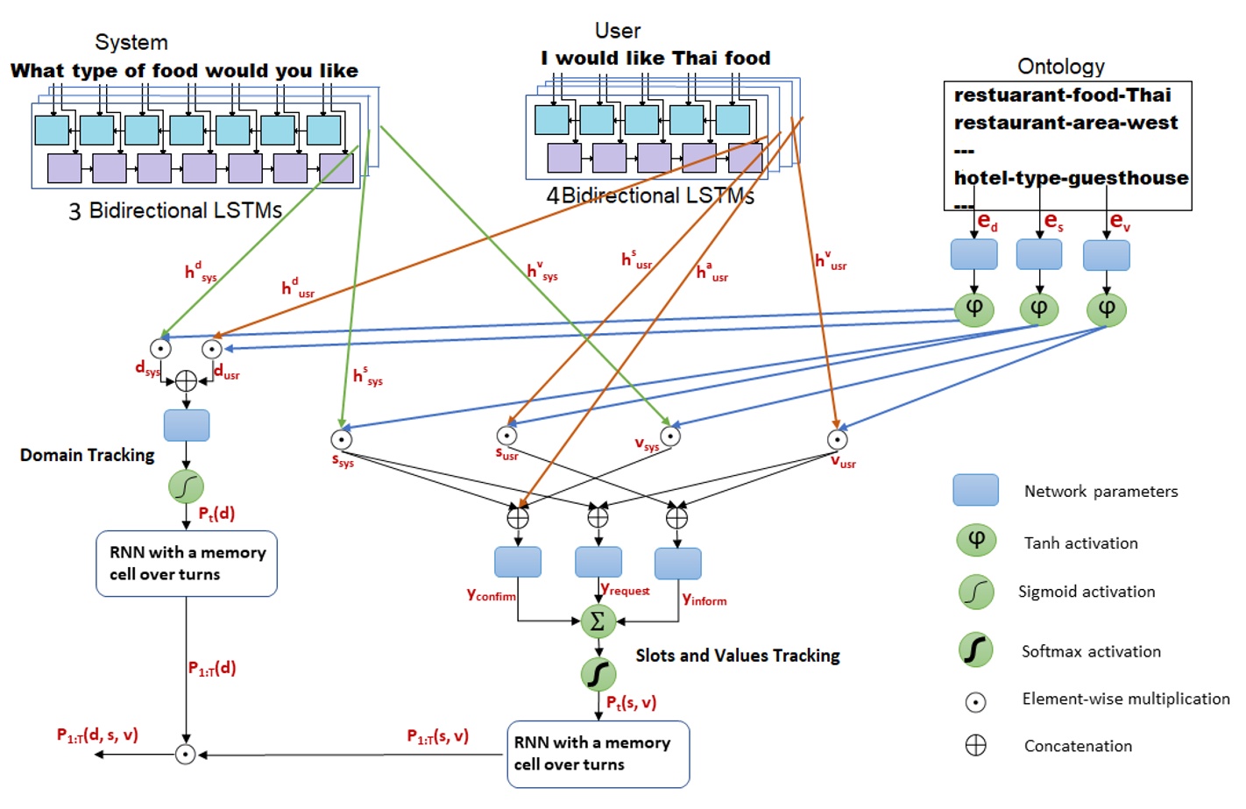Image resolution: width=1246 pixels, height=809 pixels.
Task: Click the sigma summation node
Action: tap(598, 621)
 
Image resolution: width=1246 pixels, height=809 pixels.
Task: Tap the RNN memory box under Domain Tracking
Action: tap(186, 564)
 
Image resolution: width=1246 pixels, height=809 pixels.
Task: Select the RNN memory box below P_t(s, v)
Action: tap(598, 754)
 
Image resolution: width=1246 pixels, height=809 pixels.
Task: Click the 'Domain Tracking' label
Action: tap(87, 455)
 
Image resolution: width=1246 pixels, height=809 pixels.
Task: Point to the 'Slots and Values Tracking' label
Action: tap(737, 656)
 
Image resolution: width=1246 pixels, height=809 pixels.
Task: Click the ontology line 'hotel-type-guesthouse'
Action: tap(1070, 178)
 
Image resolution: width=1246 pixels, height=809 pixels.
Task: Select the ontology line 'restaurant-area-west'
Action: tap(1065, 123)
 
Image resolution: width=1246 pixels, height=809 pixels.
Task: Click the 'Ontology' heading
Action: tap(1060, 67)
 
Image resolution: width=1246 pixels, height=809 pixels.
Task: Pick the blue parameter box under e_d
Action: tap(973, 254)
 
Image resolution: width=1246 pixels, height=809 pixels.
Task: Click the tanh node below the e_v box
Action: tap(1106, 309)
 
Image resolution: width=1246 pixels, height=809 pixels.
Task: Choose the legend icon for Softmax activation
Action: tap(975, 650)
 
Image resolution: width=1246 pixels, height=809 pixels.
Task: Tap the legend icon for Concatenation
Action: tap(975, 746)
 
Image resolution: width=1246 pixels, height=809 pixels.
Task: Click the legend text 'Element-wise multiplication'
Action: tap(1125, 699)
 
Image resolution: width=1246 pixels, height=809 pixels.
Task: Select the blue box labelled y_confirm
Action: tap(517, 562)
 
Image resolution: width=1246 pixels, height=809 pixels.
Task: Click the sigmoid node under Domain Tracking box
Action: tap(186, 486)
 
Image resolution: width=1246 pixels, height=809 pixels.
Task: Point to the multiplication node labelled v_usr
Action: tap(837, 439)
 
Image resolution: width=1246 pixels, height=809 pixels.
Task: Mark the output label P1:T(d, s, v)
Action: tap(97, 735)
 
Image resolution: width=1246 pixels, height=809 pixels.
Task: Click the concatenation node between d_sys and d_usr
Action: tap(186, 380)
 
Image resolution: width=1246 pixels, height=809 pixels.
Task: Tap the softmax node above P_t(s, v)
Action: tap(598, 674)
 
